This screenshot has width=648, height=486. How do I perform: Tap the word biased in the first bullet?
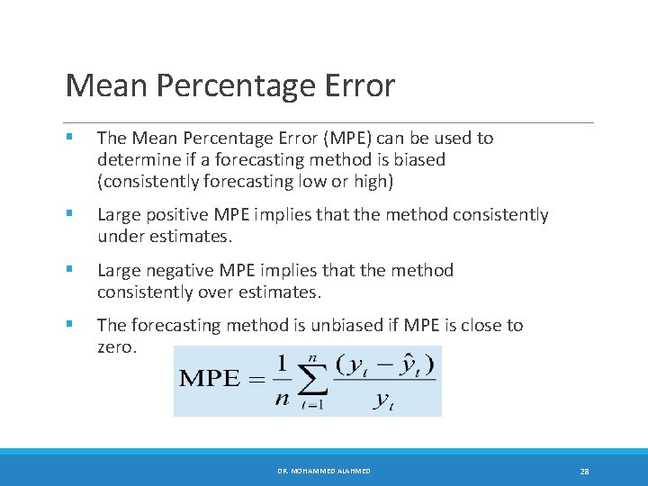click(x=420, y=160)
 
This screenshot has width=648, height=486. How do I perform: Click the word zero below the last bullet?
click(x=116, y=346)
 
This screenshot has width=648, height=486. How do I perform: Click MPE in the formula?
click(x=210, y=379)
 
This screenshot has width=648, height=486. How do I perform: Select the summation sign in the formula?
click(x=311, y=382)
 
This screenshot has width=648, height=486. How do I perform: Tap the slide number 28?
click(x=584, y=471)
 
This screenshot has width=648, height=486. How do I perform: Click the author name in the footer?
click(x=324, y=471)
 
